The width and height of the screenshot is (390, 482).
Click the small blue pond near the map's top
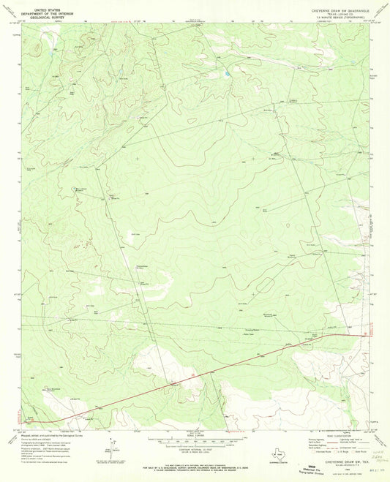coord(228,74)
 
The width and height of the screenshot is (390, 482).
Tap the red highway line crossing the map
coord(220,366)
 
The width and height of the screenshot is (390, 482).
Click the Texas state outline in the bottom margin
coord(276,452)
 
